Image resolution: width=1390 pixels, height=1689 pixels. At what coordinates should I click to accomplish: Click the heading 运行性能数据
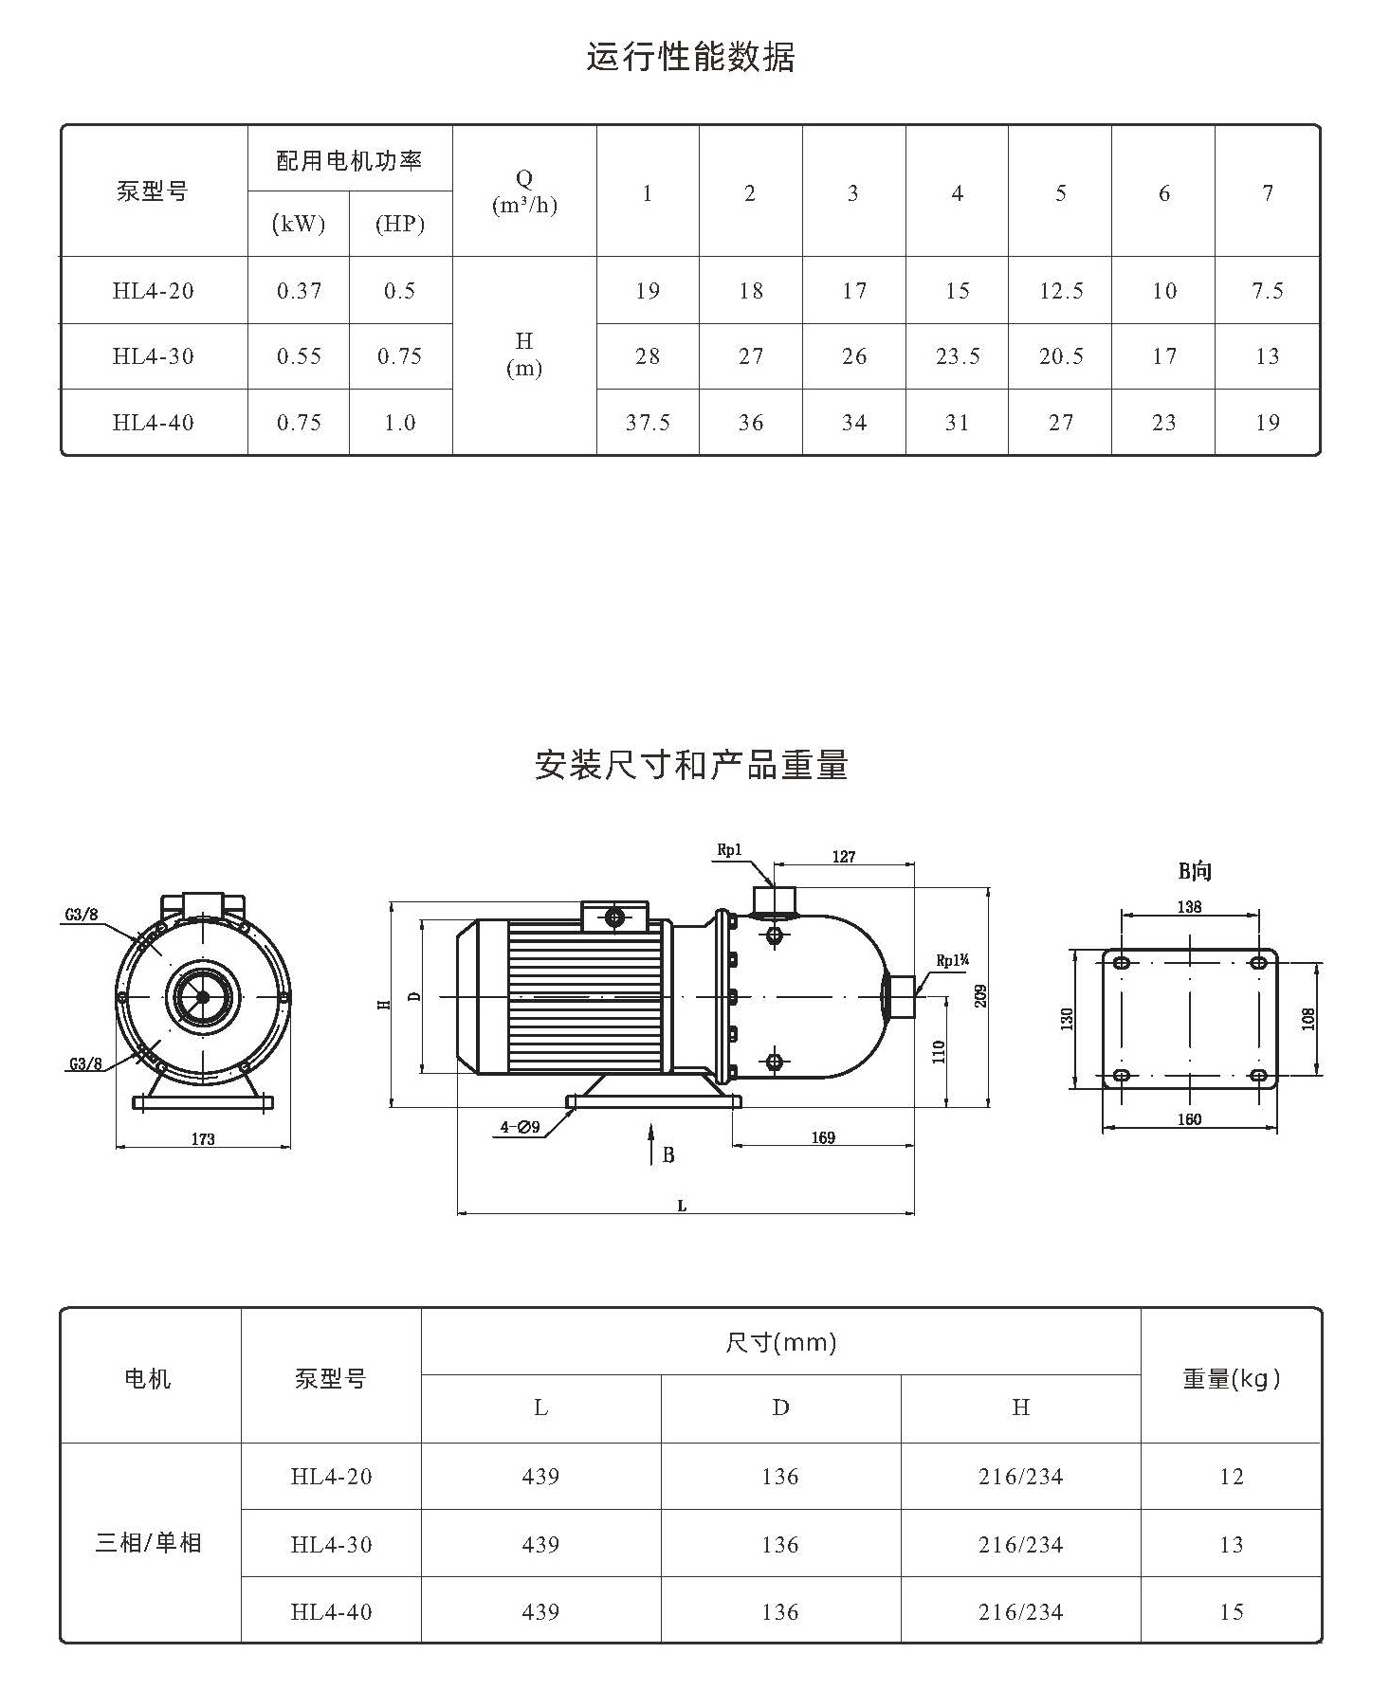tap(690, 57)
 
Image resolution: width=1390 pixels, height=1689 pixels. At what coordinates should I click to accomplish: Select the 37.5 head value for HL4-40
tap(648, 423)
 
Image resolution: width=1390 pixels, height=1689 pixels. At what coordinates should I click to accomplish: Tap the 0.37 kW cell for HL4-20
tap(300, 291)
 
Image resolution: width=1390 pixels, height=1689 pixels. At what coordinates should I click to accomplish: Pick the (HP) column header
tap(399, 225)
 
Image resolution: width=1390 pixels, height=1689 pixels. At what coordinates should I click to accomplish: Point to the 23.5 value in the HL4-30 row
tap(958, 356)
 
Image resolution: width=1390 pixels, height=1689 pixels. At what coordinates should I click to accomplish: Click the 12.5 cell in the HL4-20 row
tap(1061, 291)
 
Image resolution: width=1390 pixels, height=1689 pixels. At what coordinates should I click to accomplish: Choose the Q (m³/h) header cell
tap(524, 191)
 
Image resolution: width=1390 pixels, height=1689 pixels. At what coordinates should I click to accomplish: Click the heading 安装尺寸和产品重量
tap(691, 765)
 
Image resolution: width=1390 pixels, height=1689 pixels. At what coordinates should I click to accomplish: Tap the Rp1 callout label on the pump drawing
tap(729, 851)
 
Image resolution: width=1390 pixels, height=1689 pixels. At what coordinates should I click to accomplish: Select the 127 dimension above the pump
tap(844, 857)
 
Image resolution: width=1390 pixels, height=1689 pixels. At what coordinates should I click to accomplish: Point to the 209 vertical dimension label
tap(981, 996)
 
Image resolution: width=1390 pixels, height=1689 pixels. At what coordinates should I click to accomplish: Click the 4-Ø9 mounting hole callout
tap(521, 1127)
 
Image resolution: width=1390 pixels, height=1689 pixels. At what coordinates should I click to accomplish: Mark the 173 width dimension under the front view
tap(203, 1139)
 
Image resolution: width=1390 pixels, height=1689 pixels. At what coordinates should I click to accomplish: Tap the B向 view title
tap(1195, 871)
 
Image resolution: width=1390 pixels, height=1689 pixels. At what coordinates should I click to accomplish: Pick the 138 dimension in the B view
tap(1189, 907)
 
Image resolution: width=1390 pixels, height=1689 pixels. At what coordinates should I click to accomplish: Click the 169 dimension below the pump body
tap(823, 1137)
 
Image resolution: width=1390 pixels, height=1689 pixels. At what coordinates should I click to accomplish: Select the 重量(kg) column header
tap(1232, 1379)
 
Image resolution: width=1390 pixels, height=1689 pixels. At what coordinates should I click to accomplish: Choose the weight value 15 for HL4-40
tap(1232, 1612)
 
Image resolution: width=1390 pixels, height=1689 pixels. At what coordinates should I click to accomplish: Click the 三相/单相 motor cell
tap(149, 1543)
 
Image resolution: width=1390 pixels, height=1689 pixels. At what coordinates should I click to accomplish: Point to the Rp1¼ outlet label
tap(953, 961)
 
